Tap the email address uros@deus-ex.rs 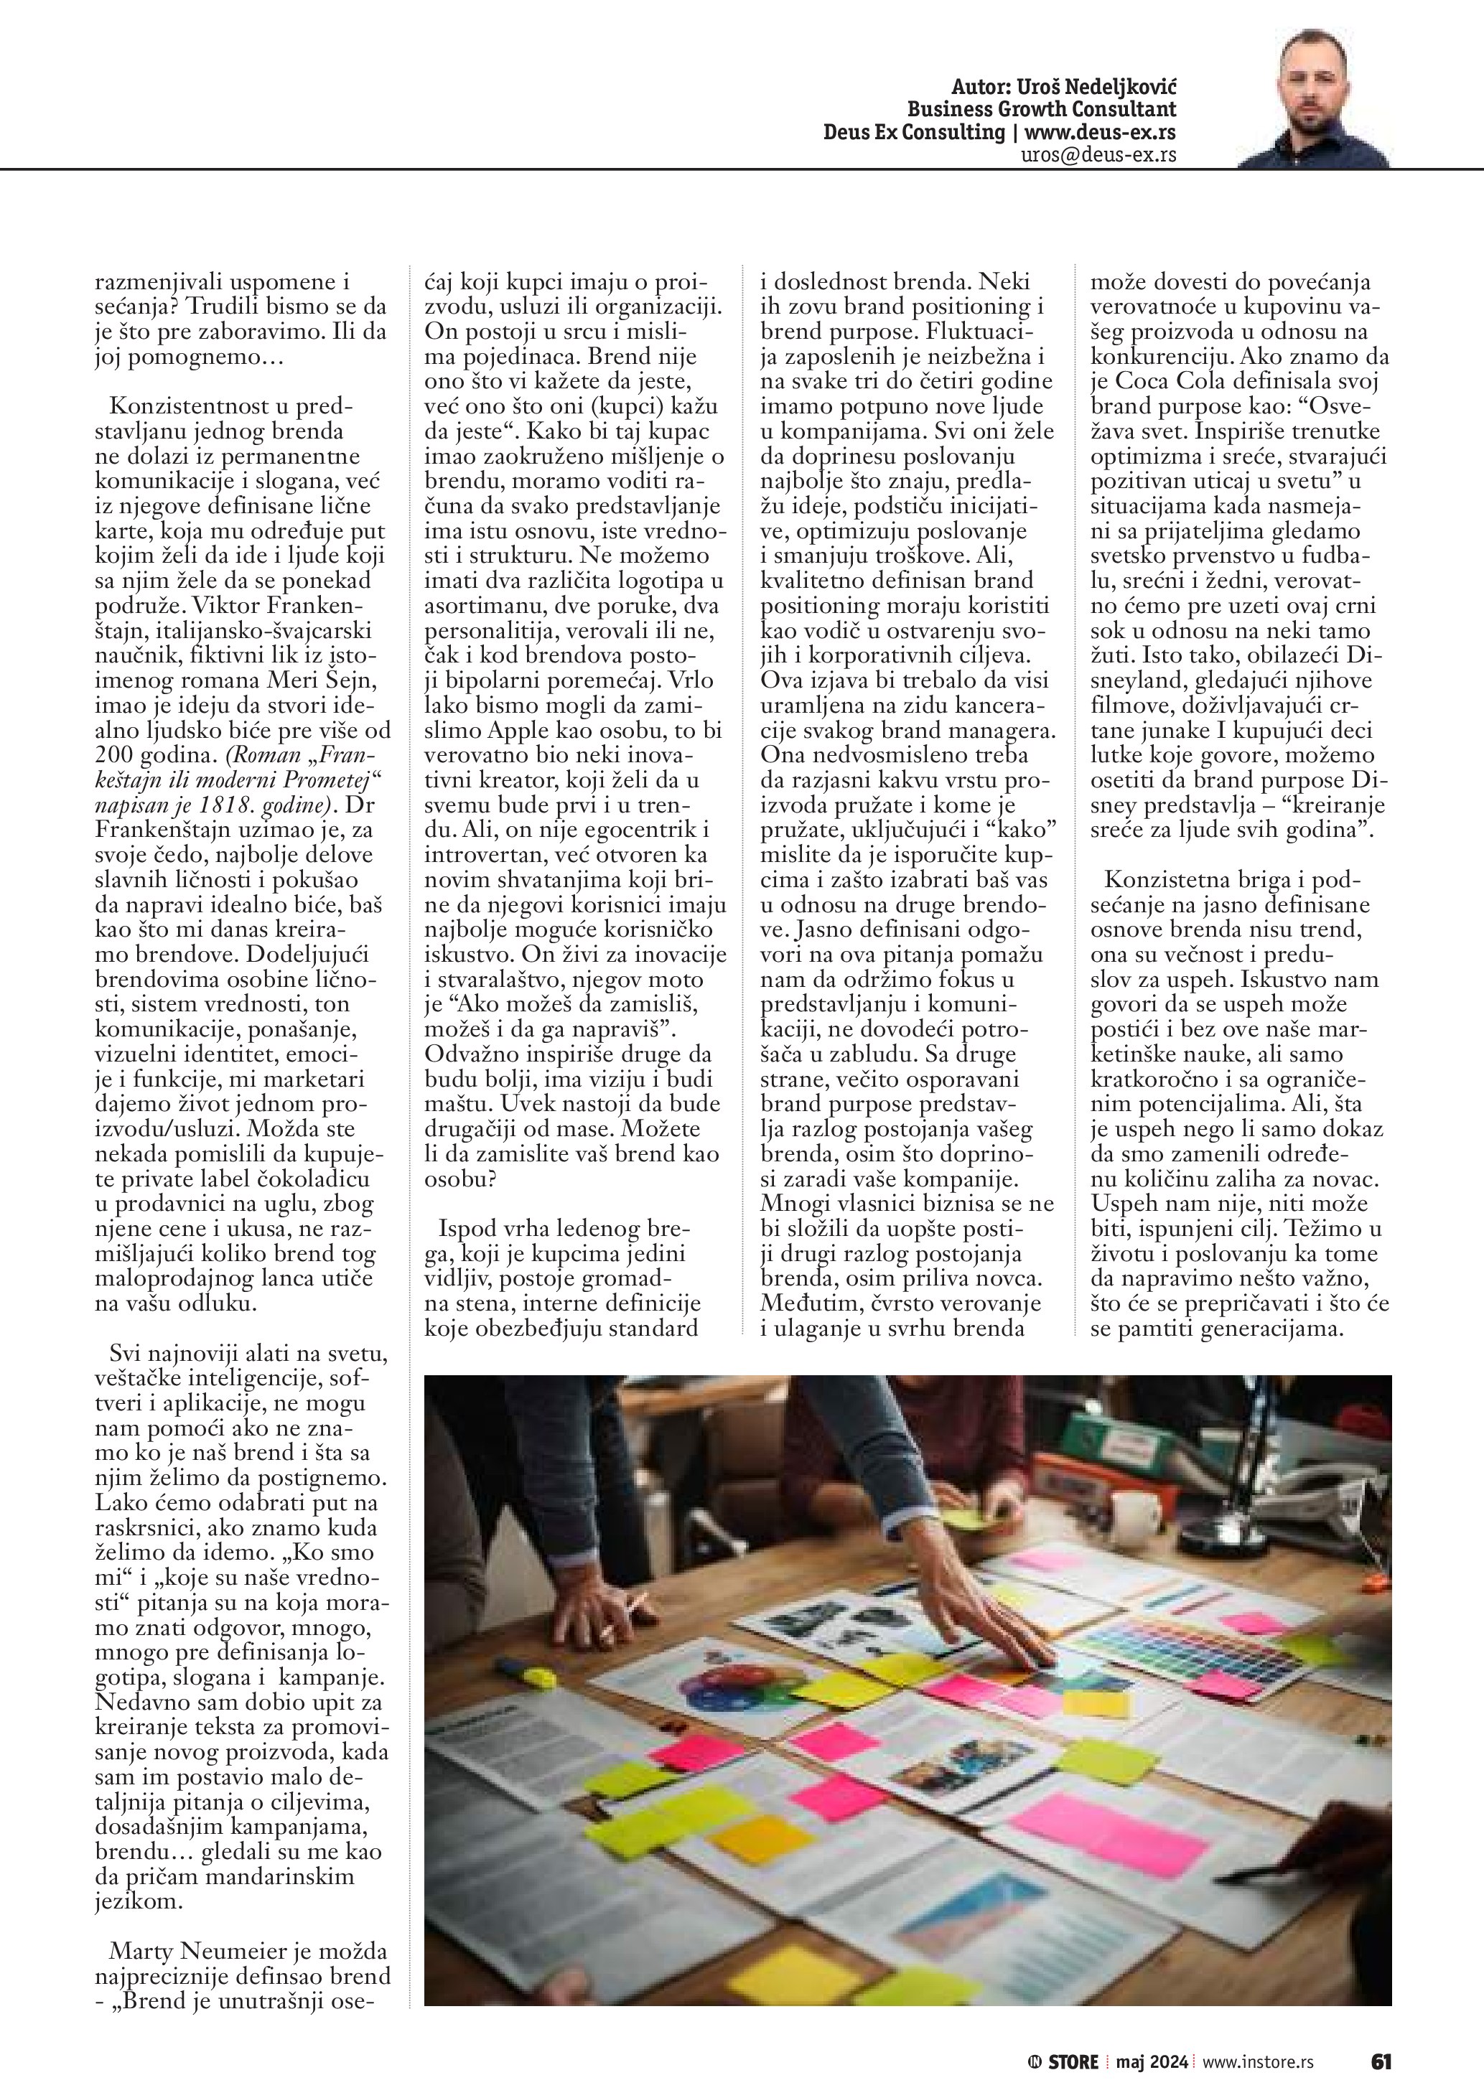pos(1098,154)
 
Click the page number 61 pos(1381,2060)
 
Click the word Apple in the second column pos(518,730)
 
